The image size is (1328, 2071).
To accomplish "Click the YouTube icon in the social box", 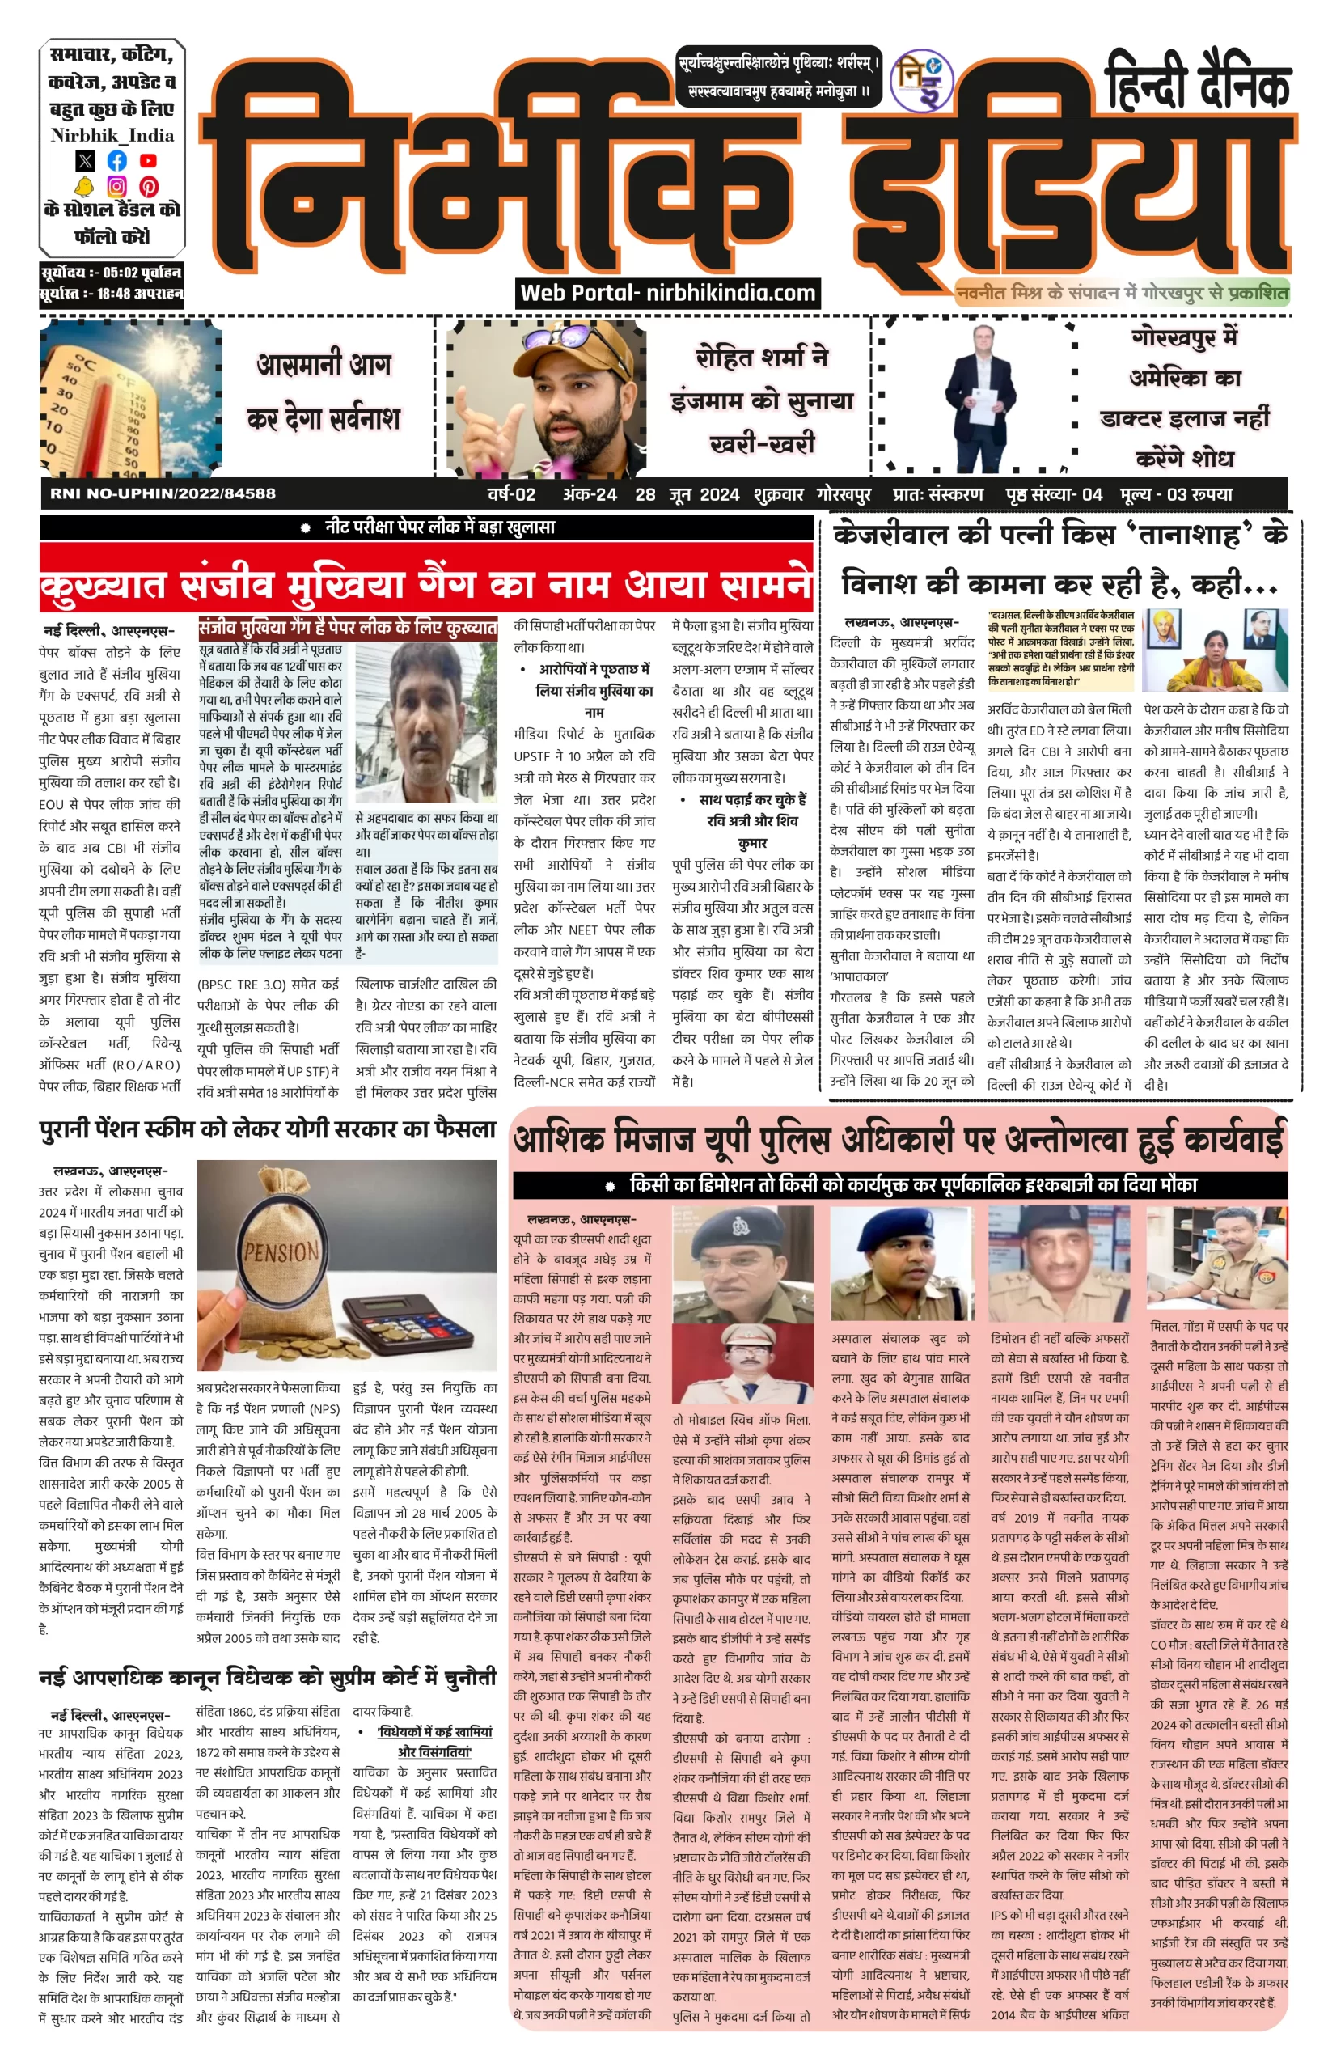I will pyautogui.click(x=148, y=160).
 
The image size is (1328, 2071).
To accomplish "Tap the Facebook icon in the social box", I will pyautogui.click(x=116, y=160).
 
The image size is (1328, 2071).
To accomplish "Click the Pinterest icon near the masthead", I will pyautogui.click(x=148, y=185).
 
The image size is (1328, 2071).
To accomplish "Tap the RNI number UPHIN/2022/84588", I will pyautogui.click(x=163, y=494).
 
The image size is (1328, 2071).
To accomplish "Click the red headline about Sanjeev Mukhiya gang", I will pyautogui.click(x=426, y=585).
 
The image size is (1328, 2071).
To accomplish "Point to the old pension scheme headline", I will pyautogui.click(x=268, y=1131).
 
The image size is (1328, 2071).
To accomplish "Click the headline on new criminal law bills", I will pyautogui.click(x=268, y=1679).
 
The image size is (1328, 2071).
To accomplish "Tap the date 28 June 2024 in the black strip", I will pyautogui.click(x=687, y=494).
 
